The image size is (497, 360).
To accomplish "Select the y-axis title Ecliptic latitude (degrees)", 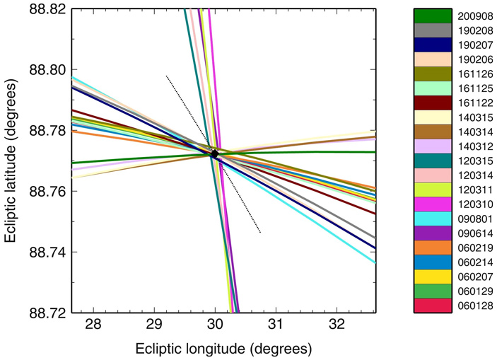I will pyautogui.click(x=12, y=161).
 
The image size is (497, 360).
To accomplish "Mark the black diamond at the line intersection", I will pyautogui.click(x=215, y=153).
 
